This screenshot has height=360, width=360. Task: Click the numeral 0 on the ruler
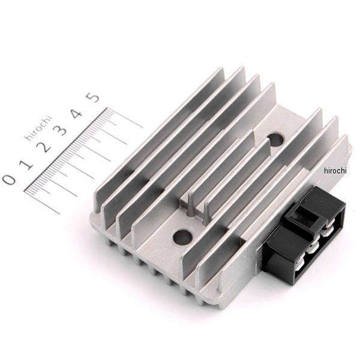10,179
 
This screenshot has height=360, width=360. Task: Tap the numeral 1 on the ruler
28,164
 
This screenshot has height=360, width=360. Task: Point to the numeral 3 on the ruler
60,130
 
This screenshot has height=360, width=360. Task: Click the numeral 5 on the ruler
93,96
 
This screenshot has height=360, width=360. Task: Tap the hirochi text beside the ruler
38,128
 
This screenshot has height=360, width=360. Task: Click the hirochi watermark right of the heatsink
335,170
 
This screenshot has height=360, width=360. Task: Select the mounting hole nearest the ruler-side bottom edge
183,236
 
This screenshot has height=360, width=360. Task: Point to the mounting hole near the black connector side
275,140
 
